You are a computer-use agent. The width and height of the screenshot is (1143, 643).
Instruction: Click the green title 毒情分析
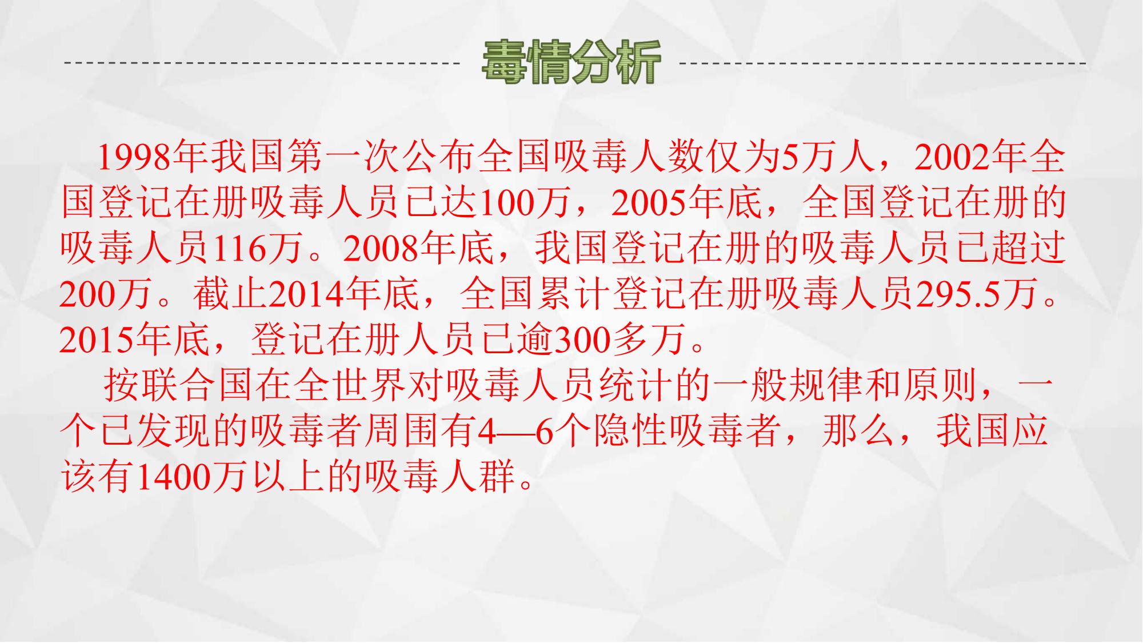[x=571, y=62]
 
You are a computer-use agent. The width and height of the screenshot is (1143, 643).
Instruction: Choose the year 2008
[x=382, y=249]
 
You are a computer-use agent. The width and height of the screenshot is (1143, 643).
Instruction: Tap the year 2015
[x=97, y=341]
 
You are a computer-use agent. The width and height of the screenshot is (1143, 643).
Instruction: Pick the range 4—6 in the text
[x=516, y=432]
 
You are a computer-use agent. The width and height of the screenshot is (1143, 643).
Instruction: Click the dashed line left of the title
[x=262, y=62]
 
